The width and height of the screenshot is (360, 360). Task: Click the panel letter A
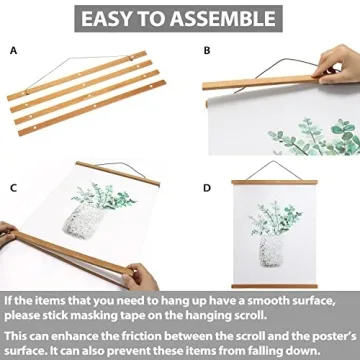pyautogui.click(x=13, y=48)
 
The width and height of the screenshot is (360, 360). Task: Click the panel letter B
pyautogui.click(x=207, y=48)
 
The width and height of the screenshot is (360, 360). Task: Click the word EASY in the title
pyautogui.click(x=111, y=18)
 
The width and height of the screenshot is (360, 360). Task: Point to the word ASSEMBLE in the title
pyautogui.click(x=224, y=18)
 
